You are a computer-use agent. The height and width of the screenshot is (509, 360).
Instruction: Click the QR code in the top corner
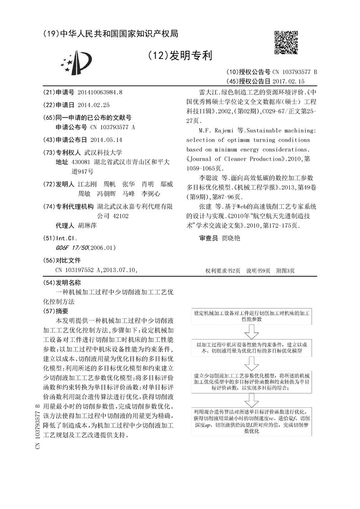click(287, 44)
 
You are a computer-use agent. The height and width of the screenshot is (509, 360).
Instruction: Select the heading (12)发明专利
click(180, 55)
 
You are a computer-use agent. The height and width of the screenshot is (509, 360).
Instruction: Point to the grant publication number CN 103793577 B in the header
click(294, 72)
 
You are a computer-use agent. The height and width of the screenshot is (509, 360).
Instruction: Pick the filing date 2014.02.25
click(94, 104)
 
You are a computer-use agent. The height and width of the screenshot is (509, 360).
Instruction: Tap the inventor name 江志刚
click(85, 185)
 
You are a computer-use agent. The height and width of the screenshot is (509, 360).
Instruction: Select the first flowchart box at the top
click(251, 315)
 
